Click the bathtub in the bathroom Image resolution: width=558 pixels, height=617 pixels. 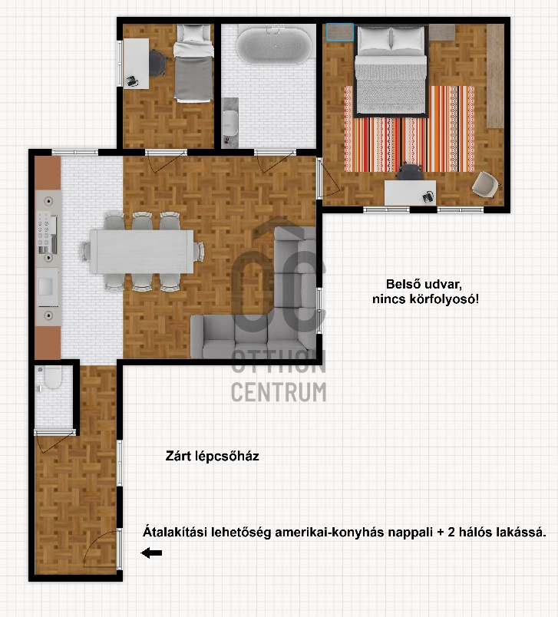[x=274, y=45]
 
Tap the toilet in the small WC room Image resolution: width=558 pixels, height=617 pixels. [x=53, y=377]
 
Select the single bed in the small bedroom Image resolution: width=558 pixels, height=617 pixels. [x=193, y=63]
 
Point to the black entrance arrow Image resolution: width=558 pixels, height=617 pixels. [x=151, y=553]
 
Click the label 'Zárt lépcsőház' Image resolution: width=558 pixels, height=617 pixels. [x=212, y=457]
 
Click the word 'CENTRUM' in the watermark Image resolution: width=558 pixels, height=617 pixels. [x=279, y=392]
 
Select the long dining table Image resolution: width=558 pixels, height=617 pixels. [x=142, y=252]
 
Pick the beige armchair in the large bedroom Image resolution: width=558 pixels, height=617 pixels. [x=486, y=184]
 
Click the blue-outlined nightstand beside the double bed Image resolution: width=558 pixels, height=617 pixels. [x=339, y=32]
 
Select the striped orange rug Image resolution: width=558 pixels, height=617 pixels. [x=409, y=129]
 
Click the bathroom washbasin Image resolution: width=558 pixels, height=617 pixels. [x=230, y=122]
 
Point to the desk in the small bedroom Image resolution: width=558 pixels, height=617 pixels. [x=136, y=64]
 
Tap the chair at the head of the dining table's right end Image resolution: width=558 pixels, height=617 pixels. [x=200, y=252]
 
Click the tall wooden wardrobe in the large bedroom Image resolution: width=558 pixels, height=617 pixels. [x=495, y=76]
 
